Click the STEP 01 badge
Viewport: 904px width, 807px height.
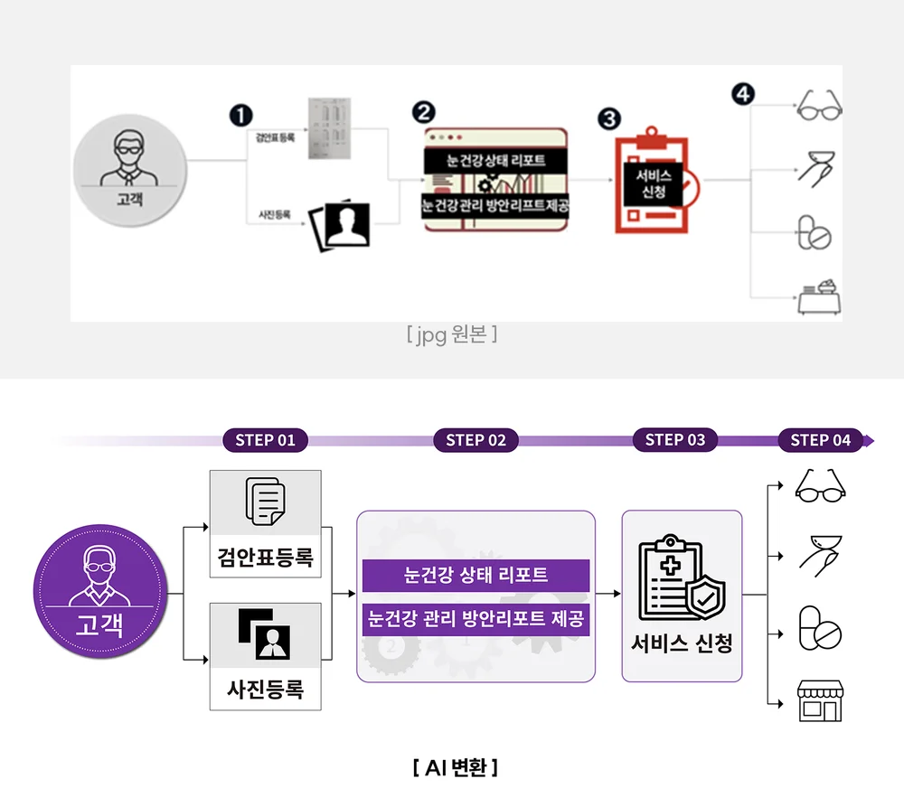tap(266, 440)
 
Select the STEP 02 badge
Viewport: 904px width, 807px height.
tap(476, 440)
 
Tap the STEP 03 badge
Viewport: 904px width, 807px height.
tap(675, 439)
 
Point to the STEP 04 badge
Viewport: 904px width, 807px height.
tap(821, 440)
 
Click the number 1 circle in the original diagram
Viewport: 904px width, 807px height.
tap(240, 115)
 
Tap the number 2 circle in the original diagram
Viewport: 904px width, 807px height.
tap(422, 112)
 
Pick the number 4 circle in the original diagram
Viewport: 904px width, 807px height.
tap(743, 94)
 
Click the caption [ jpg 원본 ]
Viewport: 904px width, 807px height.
tap(452, 335)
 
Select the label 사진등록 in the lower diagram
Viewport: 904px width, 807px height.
tap(265, 689)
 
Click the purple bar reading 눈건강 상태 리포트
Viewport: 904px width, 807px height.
tap(476, 575)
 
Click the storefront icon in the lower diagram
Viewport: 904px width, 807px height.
tap(819, 701)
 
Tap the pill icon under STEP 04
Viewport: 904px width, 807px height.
tap(819, 629)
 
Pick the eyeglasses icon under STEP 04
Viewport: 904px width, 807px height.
tap(819, 486)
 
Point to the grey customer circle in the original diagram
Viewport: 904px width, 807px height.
tap(128, 171)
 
